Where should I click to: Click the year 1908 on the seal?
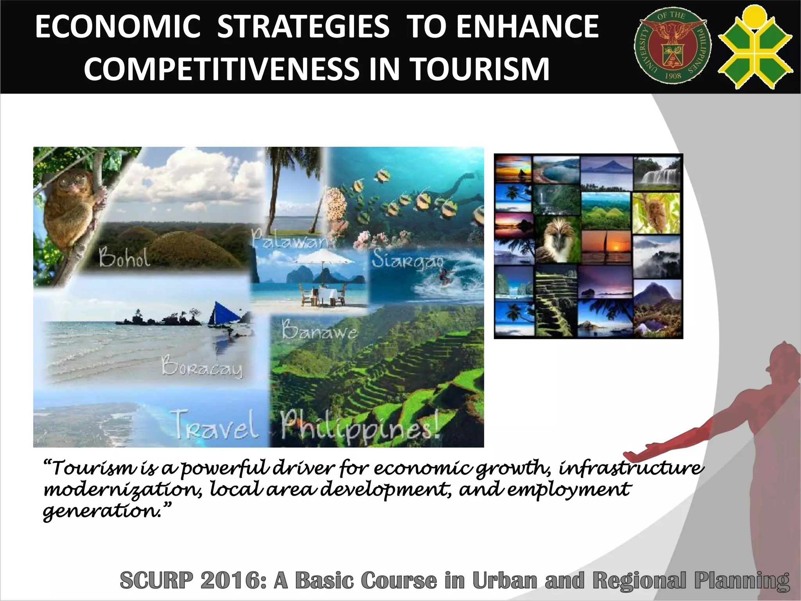point(673,76)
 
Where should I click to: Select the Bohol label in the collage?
point(124,257)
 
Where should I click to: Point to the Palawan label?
point(290,238)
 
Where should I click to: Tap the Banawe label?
point(319,331)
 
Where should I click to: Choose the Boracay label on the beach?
point(202,367)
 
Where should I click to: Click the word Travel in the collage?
point(216,425)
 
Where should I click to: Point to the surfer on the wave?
point(444,276)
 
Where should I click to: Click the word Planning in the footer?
point(742,581)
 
